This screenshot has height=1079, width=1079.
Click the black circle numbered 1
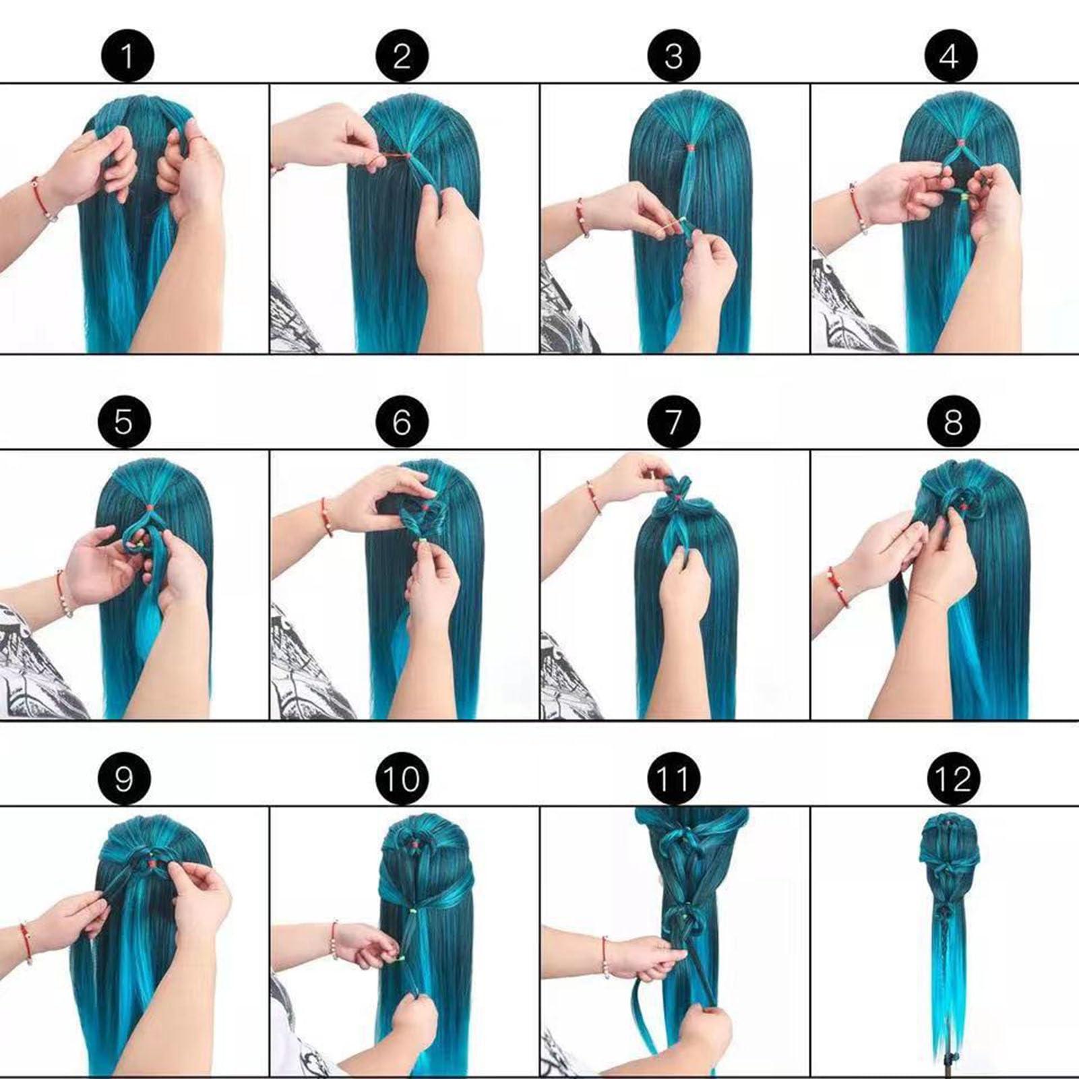(127, 55)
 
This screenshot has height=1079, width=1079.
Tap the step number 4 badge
(950, 55)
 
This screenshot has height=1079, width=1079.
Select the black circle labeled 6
(402, 422)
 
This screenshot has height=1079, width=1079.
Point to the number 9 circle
(124, 778)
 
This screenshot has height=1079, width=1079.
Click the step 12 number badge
(953, 778)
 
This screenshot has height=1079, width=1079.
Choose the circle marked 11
(673, 778)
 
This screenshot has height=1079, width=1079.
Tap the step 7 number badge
(673, 422)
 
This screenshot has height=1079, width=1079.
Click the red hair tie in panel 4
(960, 143)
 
